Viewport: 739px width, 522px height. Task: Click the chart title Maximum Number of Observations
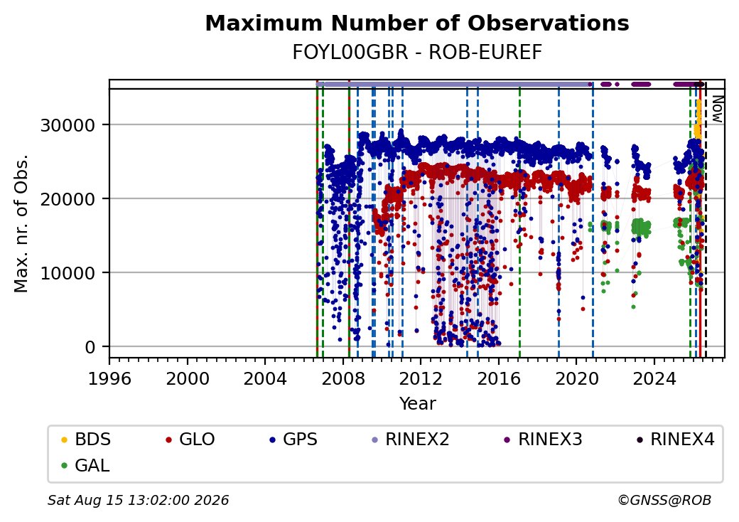(417, 23)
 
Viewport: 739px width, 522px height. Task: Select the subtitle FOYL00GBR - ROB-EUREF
(417, 53)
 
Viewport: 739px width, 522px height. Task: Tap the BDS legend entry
(86, 440)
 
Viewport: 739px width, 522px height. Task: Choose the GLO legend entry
(190, 440)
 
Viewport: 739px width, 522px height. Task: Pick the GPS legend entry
(293, 440)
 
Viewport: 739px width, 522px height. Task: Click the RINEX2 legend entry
(411, 440)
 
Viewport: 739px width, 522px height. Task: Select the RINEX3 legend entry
(544, 440)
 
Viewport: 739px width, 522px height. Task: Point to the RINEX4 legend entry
(676, 440)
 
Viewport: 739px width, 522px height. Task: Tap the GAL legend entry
(86, 465)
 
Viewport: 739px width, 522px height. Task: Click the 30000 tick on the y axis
(68, 125)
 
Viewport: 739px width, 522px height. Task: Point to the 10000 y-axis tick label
(68, 274)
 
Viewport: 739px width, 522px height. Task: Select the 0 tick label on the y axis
(90, 348)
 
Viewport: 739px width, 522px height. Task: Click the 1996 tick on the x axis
(110, 378)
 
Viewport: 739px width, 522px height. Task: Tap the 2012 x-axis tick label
(421, 378)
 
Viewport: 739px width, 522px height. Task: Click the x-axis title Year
(418, 404)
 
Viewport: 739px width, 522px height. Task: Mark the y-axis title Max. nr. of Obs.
(21, 223)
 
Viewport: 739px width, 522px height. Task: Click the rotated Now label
(717, 110)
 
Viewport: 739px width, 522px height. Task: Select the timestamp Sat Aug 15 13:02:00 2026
(139, 500)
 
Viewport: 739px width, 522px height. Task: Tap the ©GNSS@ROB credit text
(664, 500)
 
